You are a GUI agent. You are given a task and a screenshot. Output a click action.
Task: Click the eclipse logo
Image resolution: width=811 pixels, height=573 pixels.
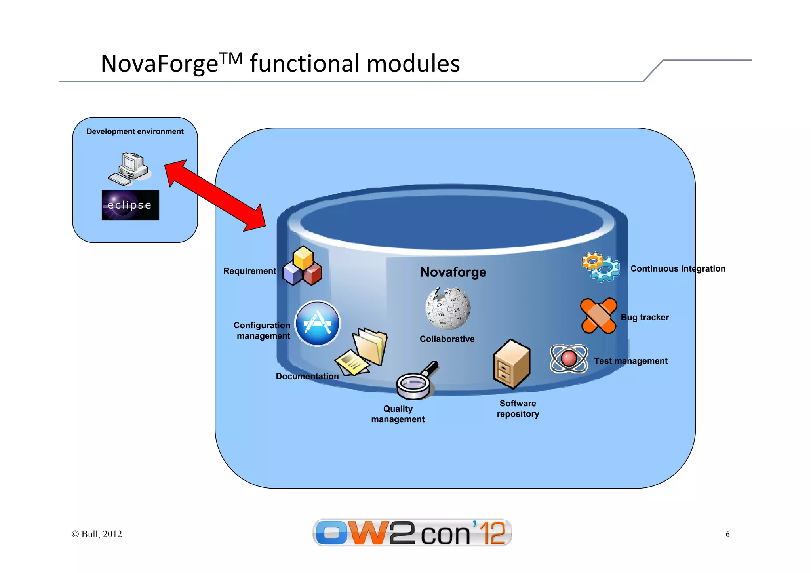pyautogui.click(x=130, y=205)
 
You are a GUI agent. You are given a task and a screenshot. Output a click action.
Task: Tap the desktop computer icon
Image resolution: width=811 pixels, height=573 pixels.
pyautogui.click(x=129, y=169)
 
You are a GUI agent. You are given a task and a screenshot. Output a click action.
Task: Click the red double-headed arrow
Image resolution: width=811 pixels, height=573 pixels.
pyautogui.click(x=215, y=196)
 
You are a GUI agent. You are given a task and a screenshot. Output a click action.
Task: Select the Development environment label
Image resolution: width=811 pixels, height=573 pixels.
pyautogui.click(x=135, y=131)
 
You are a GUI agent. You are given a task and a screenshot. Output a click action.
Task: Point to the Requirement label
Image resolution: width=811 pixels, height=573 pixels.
pyautogui.click(x=249, y=271)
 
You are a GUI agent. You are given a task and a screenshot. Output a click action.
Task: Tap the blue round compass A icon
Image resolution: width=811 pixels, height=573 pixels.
pyautogui.click(x=317, y=323)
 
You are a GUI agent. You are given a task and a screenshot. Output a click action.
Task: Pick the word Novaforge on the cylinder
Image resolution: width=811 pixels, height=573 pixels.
pyautogui.click(x=453, y=272)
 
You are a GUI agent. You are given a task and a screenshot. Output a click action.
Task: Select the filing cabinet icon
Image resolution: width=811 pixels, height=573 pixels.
pyautogui.click(x=511, y=364)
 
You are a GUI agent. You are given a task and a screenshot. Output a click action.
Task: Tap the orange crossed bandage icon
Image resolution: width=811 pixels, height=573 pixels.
pyautogui.click(x=598, y=316)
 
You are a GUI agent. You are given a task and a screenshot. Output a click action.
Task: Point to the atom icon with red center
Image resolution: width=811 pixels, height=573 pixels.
pyautogui.click(x=569, y=358)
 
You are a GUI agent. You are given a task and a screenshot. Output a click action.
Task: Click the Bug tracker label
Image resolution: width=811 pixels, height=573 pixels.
pyautogui.click(x=644, y=318)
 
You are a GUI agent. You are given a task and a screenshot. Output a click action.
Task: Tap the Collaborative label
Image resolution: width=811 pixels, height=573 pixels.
pyautogui.click(x=447, y=339)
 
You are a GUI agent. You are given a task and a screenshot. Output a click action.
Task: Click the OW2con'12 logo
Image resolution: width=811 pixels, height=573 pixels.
pyautogui.click(x=412, y=533)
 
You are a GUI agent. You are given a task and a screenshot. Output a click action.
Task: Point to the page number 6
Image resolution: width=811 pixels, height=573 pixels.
pyautogui.click(x=727, y=534)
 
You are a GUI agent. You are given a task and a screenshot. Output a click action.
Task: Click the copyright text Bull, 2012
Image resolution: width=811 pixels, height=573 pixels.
pyautogui.click(x=97, y=534)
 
